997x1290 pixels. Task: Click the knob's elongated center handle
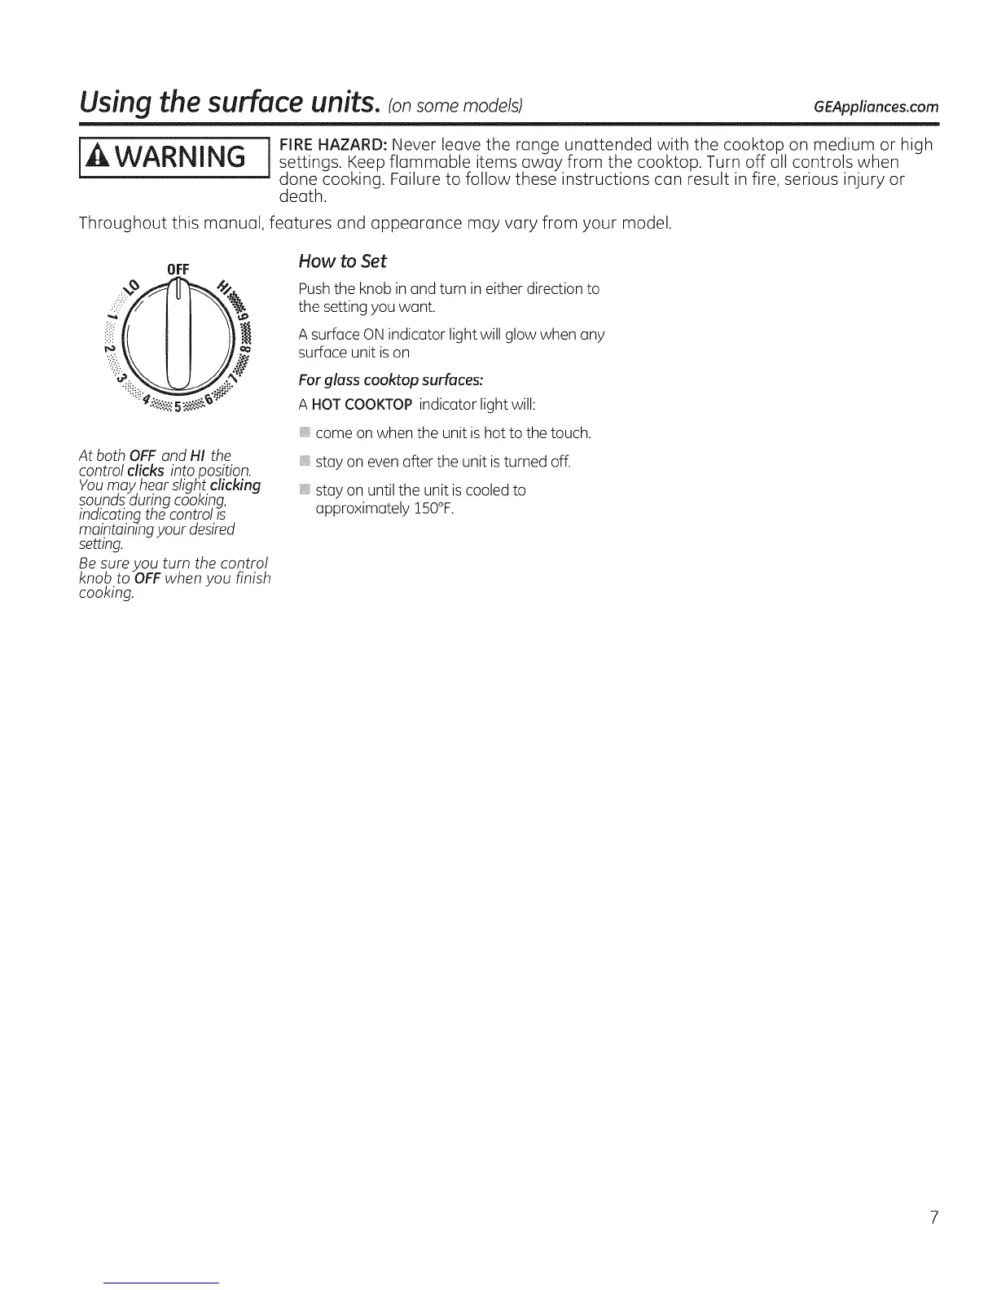click(x=178, y=334)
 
